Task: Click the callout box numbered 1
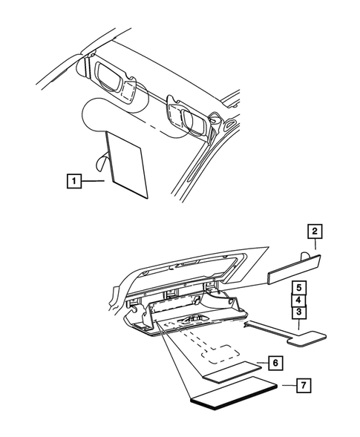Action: pos(73,180)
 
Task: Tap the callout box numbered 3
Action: pos(298,313)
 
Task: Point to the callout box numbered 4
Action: pos(298,300)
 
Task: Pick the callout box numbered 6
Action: pos(275,363)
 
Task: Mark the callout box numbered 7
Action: pos(304,406)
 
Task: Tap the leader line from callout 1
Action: pos(94,180)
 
